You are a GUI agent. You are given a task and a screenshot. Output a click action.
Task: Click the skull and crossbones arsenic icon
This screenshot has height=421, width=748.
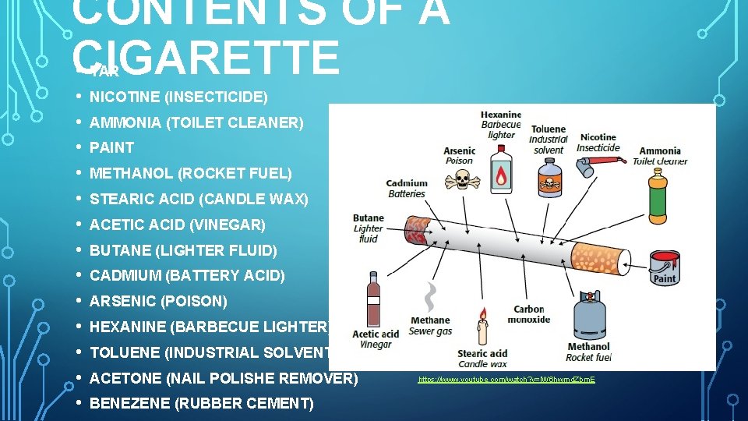[x=462, y=181]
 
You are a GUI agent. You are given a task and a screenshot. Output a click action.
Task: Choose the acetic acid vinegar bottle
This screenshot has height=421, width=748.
[x=374, y=299]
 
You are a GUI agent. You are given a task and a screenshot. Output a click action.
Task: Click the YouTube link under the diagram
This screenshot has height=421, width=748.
[x=506, y=379]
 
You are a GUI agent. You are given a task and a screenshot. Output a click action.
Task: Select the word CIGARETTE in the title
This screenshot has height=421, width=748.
[x=206, y=57]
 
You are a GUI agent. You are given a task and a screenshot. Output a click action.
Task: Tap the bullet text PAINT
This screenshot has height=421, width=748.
[x=112, y=147]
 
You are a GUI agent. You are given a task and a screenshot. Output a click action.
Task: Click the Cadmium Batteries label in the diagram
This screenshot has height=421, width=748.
[x=407, y=189]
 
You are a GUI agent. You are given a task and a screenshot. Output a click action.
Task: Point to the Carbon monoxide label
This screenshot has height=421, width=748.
[x=529, y=314]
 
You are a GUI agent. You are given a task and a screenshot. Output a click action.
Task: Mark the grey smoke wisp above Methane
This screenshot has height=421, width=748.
[x=430, y=297]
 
